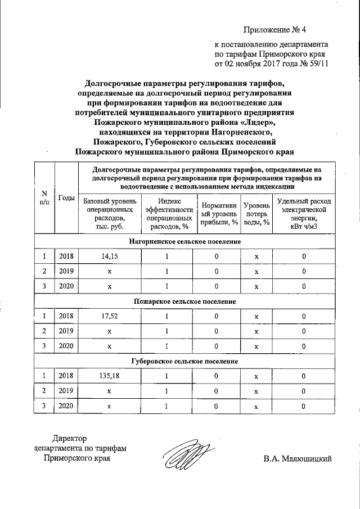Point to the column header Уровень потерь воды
tap(256, 214)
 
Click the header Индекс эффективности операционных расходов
tap(166, 214)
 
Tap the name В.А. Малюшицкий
tap(298, 458)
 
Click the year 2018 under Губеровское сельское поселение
tap(66, 375)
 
